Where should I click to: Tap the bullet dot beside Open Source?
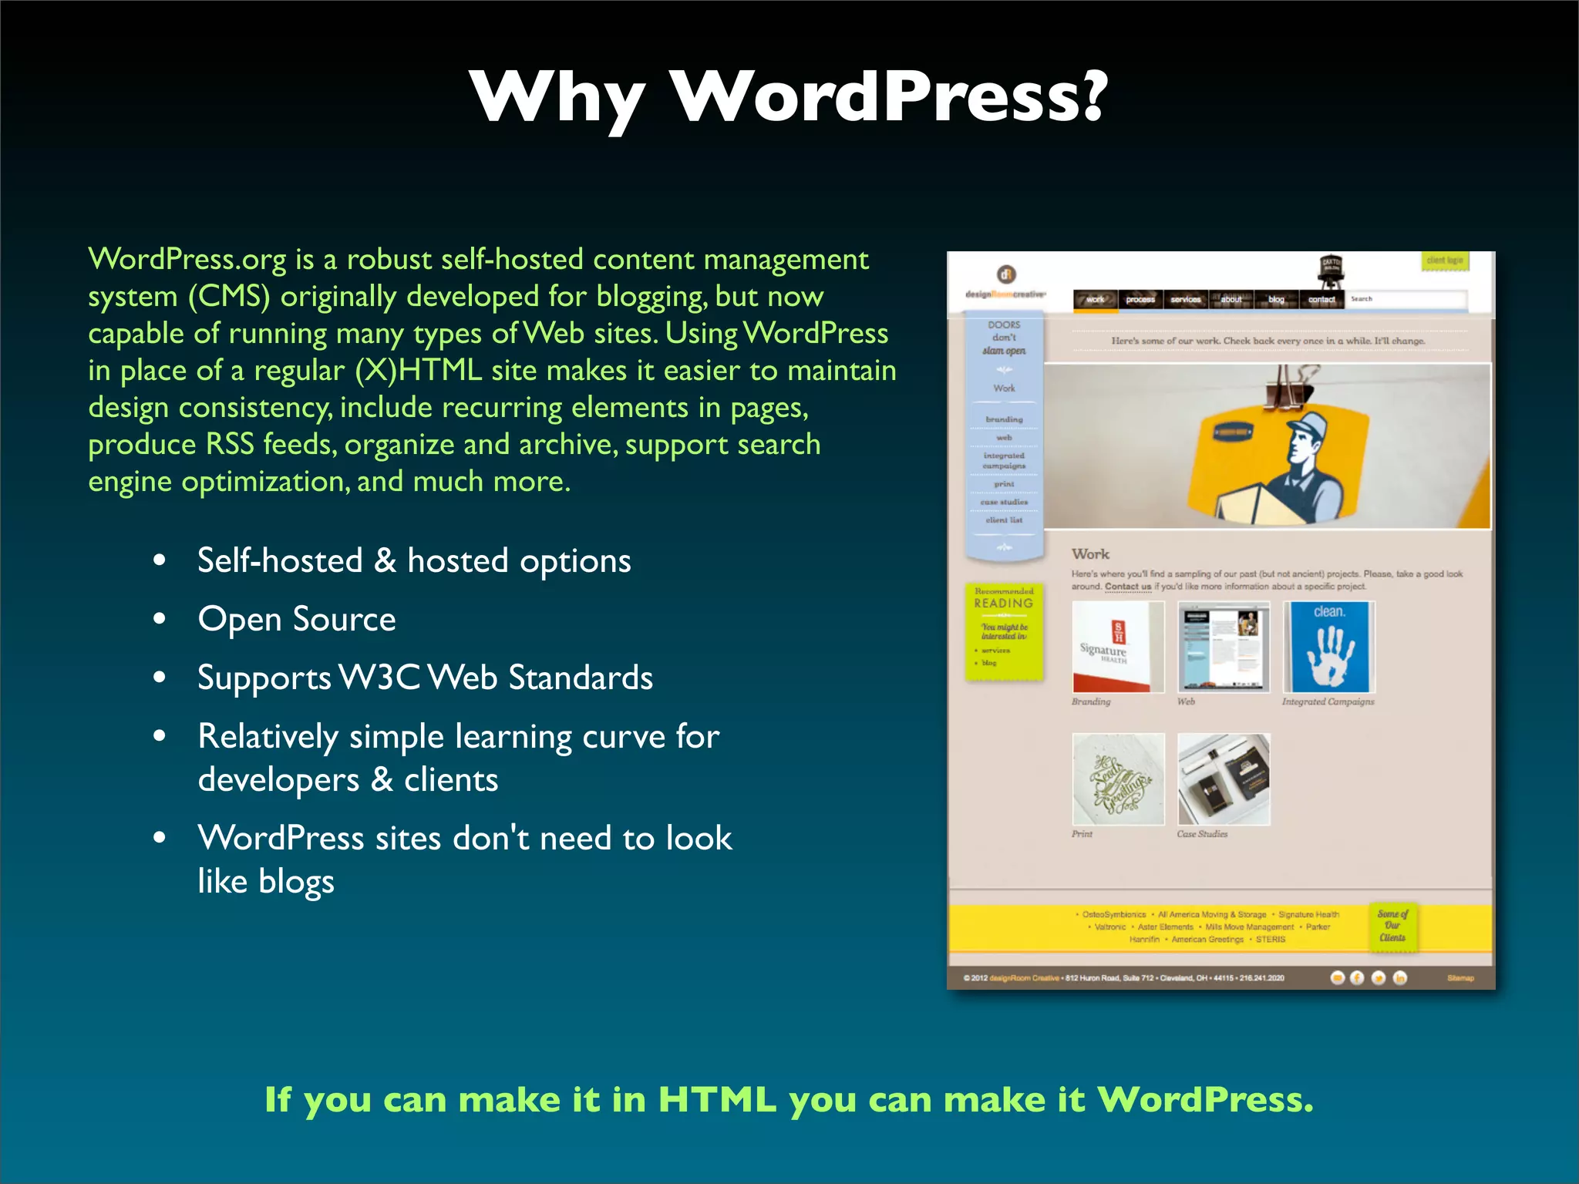point(160,619)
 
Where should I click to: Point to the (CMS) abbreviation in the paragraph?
point(229,297)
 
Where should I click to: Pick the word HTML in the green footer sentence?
point(716,1099)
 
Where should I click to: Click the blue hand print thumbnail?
point(1328,647)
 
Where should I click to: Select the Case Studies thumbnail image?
point(1224,779)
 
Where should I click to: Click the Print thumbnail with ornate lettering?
point(1118,779)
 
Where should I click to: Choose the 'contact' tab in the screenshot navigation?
point(1321,300)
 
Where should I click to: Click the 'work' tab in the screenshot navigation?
point(1096,300)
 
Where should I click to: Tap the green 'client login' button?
point(1444,261)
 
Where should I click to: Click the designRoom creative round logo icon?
point(1006,274)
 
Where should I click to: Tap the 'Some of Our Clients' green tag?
point(1392,926)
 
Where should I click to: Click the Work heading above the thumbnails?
point(1090,554)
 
